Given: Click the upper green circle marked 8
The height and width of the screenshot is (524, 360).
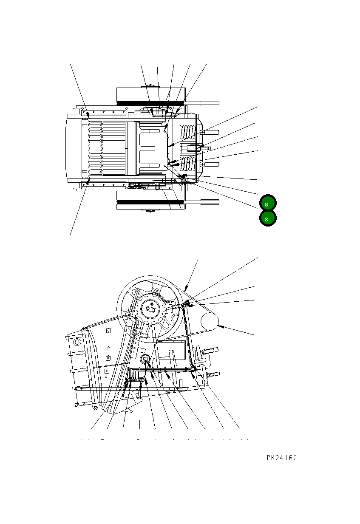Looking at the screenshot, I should point(267,204).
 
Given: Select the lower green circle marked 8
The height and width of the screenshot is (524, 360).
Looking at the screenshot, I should point(267,219).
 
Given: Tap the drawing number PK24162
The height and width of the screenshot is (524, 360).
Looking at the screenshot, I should point(282,458).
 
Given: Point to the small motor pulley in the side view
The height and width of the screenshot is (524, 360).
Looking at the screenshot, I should point(209,322).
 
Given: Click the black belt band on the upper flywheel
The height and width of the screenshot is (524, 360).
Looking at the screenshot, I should point(150,103).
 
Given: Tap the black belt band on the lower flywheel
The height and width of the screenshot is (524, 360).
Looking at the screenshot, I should point(150,202).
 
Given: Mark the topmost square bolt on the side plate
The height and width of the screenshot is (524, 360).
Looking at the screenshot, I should point(108,331).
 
